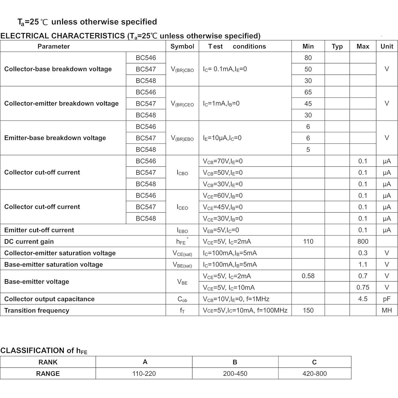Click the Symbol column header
[182, 46]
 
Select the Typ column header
[337, 46]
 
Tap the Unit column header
[387, 46]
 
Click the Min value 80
[308, 58]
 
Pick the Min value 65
[308, 92]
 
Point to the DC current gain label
[29, 241]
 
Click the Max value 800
[363, 241]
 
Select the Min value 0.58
[308, 276]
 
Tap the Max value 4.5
[363, 299]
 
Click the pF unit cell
[387, 299]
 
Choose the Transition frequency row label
[37, 310]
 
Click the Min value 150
[308, 310]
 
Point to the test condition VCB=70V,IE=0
[223, 161]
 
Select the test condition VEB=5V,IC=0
[221, 230]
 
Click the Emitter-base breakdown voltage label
[55, 138]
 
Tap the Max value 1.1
[363, 265]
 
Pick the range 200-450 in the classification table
[235, 373]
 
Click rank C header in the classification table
[314, 362]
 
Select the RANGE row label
[48, 373]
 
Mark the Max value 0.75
[363, 287]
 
